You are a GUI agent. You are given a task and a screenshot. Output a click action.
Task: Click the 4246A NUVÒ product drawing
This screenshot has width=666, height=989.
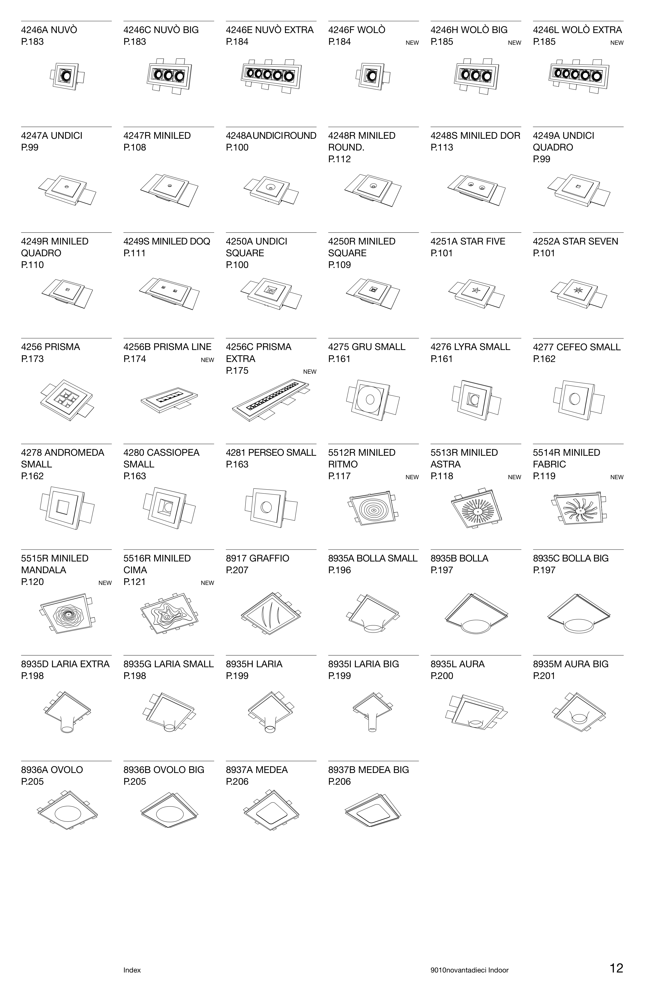pos(66,76)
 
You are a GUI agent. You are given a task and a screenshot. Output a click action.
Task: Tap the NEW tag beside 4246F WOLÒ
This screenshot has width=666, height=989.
pos(412,42)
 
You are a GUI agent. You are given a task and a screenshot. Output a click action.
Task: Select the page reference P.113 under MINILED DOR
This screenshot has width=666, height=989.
pos(442,147)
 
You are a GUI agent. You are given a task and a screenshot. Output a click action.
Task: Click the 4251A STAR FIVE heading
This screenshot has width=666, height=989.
pos(468,241)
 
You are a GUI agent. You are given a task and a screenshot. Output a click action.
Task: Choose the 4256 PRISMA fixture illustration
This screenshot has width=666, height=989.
pos(66,399)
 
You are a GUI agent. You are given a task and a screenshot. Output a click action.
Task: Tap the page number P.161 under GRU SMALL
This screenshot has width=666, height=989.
pos(339,359)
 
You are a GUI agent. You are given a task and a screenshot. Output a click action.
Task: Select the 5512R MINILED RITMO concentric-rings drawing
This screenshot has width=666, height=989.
pos(373,508)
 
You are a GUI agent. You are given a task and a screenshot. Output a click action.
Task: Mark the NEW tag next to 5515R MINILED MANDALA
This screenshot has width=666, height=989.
pos(105,583)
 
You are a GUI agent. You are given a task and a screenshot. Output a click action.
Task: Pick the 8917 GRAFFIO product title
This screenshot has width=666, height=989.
pos(257,558)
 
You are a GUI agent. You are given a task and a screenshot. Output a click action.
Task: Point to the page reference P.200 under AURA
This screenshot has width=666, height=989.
pos(442,675)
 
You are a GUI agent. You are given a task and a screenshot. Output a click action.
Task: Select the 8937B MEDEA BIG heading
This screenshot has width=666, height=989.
pos(368,770)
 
